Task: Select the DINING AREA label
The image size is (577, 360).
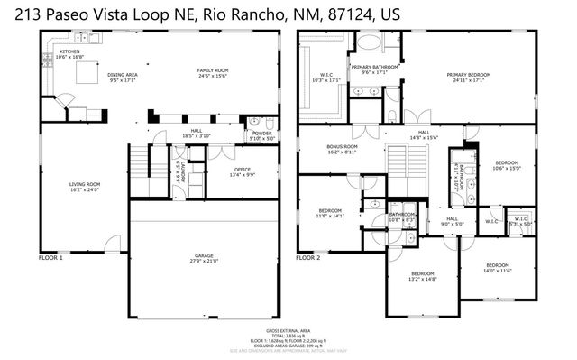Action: click(123, 77)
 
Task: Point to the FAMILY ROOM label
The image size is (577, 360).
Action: click(214, 72)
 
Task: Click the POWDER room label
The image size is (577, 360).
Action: click(261, 135)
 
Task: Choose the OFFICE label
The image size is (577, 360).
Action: click(242, 171)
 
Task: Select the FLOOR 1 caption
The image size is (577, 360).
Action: click(50, 258)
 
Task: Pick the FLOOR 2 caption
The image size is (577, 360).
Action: click(308, 258)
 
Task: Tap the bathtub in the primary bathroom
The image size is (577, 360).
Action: click(369, 42)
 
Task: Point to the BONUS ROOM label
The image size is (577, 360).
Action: click(343, 149)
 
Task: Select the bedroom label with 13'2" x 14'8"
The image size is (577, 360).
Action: click(423, 275)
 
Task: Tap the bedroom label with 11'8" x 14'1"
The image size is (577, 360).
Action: click(330, 213)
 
